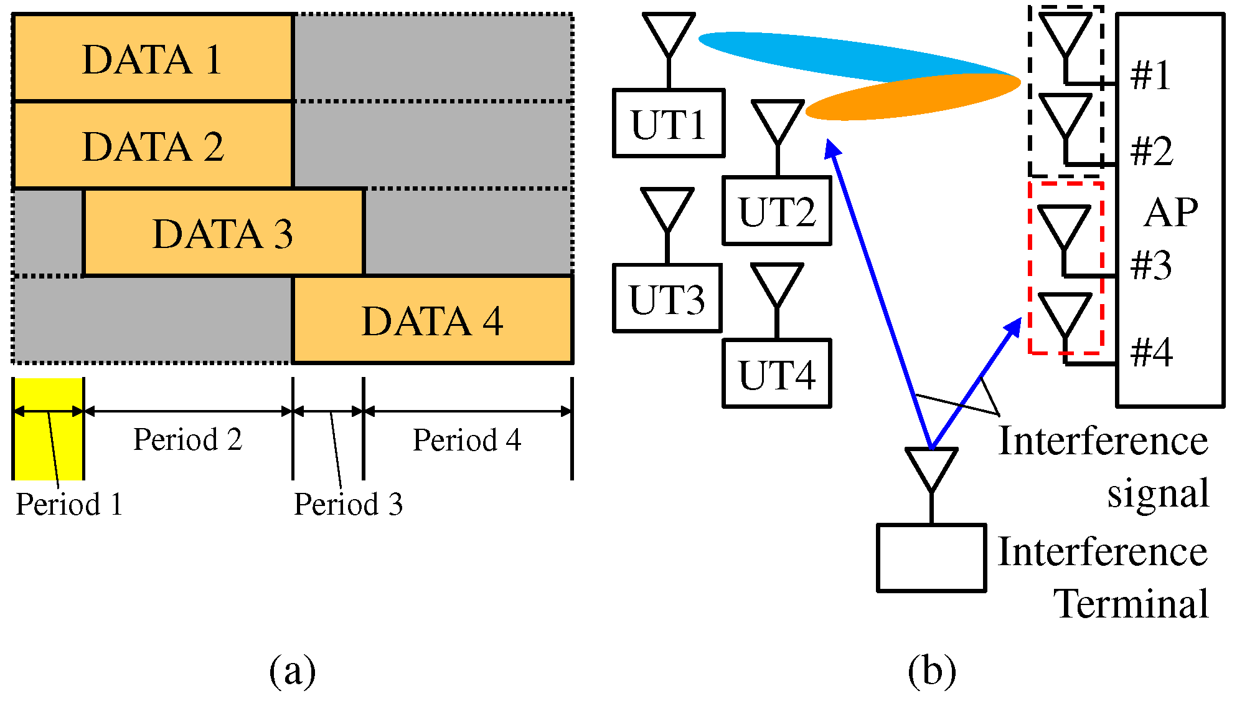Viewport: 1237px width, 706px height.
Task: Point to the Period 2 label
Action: coord(187,439)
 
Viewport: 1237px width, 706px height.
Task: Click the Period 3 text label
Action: coord(348,504)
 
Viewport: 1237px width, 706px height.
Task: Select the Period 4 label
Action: coord(467,440)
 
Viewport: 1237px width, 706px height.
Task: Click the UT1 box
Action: coord(669,123)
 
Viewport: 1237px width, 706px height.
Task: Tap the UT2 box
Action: coord(777,211)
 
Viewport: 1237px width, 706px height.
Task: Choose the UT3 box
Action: coord(667,298)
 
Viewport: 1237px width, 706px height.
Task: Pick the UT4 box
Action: coord(777,374)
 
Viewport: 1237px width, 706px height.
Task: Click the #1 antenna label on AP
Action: coord(1150,75)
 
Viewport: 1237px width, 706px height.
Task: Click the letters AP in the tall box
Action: coord(1170,212)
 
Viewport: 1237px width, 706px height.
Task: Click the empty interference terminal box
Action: coord(931,558)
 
